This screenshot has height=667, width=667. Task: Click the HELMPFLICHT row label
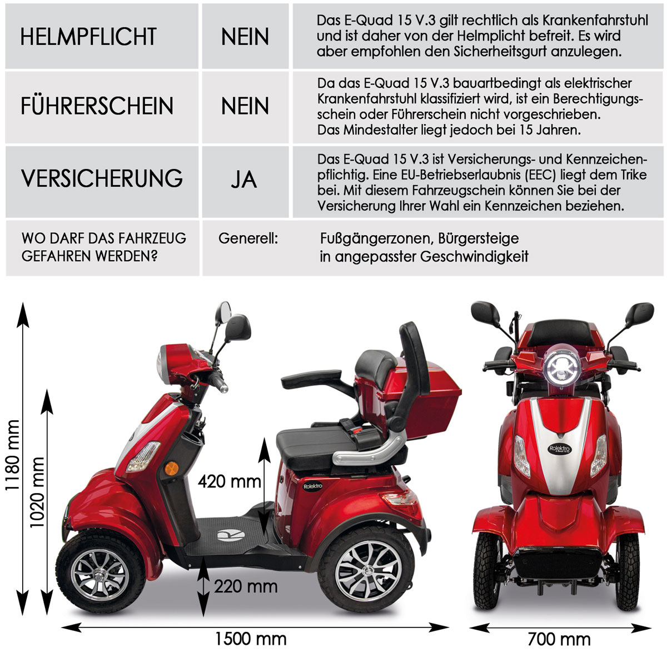[88, 37]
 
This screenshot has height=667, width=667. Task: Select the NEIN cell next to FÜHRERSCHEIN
[245, 106]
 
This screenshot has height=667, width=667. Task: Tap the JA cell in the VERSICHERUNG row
[244, 179]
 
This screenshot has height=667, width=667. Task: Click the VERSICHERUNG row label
[102, 178]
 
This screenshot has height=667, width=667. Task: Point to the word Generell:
[248, 238]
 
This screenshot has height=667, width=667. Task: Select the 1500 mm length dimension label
[251, 639]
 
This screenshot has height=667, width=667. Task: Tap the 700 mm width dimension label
[559, 639]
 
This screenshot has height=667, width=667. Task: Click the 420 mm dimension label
[229, 481]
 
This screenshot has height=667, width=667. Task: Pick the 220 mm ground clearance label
[246, 585]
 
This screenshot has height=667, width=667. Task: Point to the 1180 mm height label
[12, 456]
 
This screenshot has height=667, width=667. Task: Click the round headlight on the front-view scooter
[561, 367]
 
